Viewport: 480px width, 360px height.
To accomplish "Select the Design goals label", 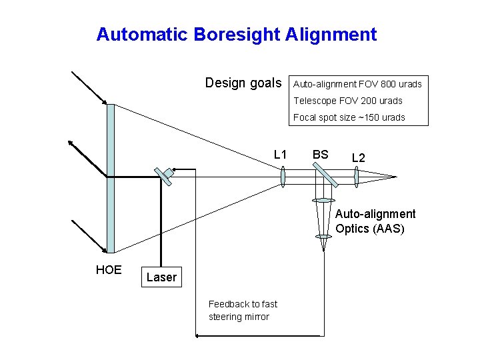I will (243, 83).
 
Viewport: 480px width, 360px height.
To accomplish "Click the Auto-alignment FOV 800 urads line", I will (357, 84).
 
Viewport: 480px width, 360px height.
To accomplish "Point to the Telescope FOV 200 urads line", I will (348, 101).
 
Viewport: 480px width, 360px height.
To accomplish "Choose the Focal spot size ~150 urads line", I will (349, 117).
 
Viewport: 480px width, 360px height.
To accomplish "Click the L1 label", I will (280, 155).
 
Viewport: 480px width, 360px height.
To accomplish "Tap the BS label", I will (321, 155).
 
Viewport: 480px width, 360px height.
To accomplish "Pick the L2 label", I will (358, 158).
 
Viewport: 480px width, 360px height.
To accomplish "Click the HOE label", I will (109, 269).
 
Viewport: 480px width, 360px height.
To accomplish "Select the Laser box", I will (161, 277).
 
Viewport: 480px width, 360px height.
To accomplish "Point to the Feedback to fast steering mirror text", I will (243, 310).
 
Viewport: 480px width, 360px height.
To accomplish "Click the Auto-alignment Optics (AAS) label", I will (375, 221).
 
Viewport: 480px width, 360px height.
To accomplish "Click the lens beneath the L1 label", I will (283, 177).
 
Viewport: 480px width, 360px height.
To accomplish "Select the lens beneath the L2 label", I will (357, 177).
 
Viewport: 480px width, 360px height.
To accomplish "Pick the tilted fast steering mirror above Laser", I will (163, 175).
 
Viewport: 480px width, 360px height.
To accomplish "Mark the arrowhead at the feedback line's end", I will (197, 337).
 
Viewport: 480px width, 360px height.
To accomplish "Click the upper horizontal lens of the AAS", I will (323, 200).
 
